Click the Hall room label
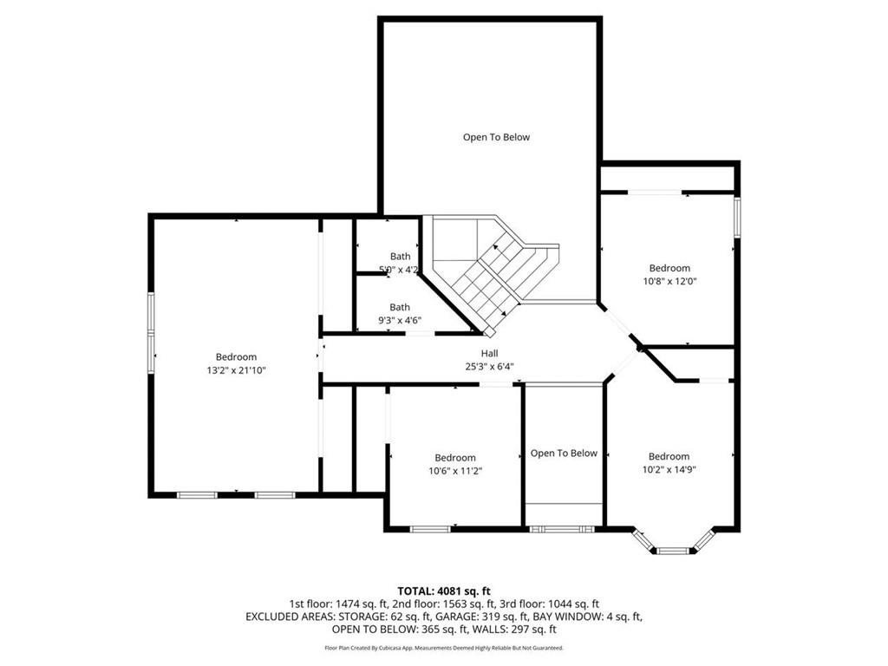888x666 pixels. coord(490,353)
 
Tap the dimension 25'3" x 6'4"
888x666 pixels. coord(490,366)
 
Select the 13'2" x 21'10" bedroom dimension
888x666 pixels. coord(236,370)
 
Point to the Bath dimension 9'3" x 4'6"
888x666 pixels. coord(400,320)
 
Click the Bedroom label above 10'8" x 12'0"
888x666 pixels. coord(669,268)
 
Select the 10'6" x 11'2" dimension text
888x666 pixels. coord(455,471)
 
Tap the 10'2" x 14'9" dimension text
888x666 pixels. coord(669,469)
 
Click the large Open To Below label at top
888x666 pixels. coord(496,137)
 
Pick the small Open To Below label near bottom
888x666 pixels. coord(564,453)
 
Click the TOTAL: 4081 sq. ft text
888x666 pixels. coord(444,591)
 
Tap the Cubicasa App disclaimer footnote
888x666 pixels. coord(444,648)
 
